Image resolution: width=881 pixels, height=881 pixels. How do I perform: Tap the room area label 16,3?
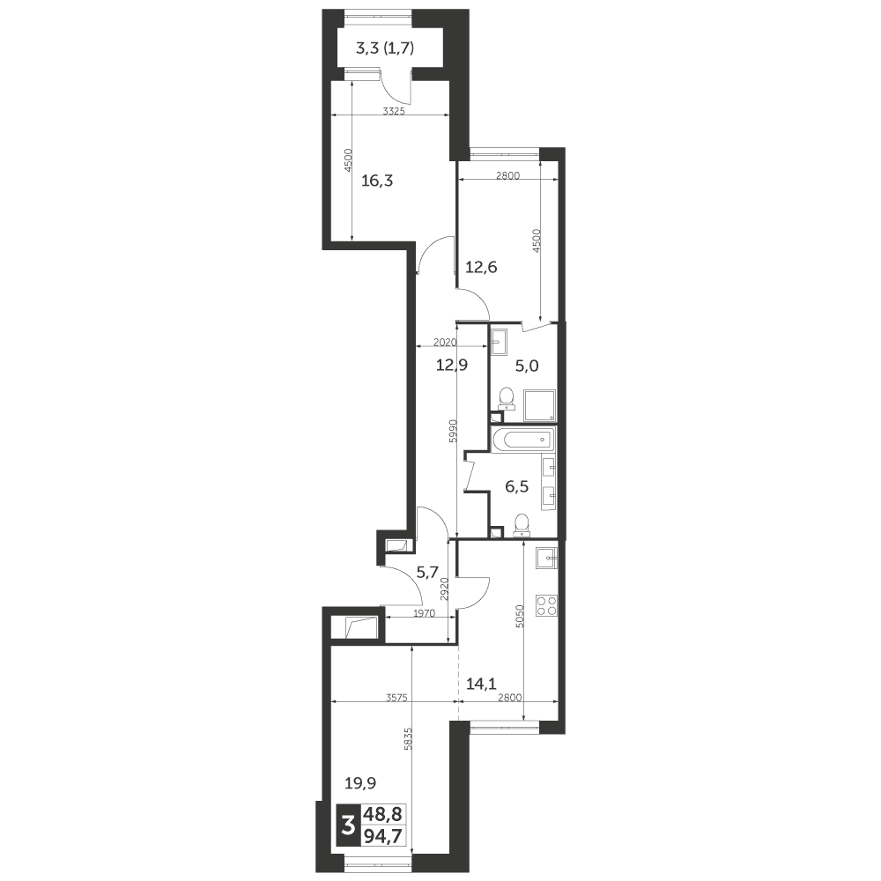tap(377, 181)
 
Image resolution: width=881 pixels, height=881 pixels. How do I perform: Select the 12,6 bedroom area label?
tap(482, 267)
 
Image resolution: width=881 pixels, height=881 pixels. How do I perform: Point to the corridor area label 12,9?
tap(452, 366)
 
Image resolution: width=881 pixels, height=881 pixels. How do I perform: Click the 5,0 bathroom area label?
tap(527, 366)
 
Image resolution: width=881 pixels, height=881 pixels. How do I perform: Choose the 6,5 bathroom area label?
tap(517, 486)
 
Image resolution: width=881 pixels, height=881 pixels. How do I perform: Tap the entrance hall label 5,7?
tap(427, 573)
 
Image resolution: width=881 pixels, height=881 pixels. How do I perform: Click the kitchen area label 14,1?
tap(481, 684)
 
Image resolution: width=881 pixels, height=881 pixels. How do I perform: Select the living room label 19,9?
tap(360, 782)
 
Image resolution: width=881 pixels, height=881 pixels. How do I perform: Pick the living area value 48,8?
tap(383, 814)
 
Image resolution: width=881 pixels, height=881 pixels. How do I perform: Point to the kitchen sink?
tap(547, 559)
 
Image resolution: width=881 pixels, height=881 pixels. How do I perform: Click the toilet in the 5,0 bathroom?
tap(507, 398)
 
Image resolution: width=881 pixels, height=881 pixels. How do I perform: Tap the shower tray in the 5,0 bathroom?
tap(539, 405)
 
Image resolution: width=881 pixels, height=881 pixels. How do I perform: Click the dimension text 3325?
tap(394, 111)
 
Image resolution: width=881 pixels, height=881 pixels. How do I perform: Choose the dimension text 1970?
tap(425, 613)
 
